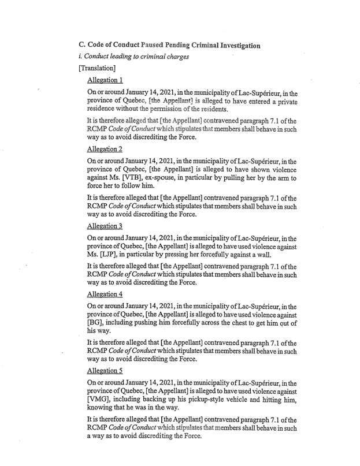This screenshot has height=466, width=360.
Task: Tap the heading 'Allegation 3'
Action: pyautogui.click(x=105, y=226)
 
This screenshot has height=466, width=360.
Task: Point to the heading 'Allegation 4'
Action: pyautogui.click(x=105, y=294)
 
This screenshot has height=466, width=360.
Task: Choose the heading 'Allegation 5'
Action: pyautogui.click(x=105, y=372)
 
